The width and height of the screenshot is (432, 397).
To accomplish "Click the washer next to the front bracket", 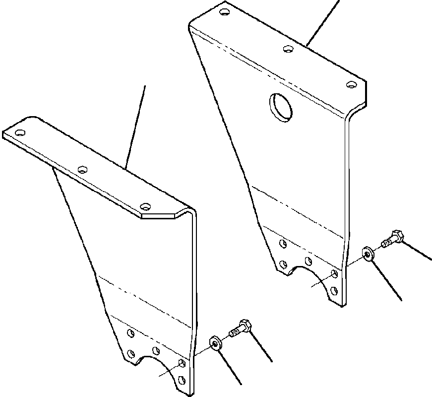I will pos(215,342).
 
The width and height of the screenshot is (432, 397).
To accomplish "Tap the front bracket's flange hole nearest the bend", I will pos(145,206).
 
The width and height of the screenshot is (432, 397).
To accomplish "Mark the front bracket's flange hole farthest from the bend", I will pos(20,133).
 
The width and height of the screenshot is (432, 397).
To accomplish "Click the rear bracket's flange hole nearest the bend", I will pos(351,85).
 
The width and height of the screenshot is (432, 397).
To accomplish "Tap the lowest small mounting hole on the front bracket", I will pos(182,380).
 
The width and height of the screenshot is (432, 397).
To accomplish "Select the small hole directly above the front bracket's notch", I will pos(156,350).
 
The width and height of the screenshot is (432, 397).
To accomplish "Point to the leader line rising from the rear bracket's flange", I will pos(323,22).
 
